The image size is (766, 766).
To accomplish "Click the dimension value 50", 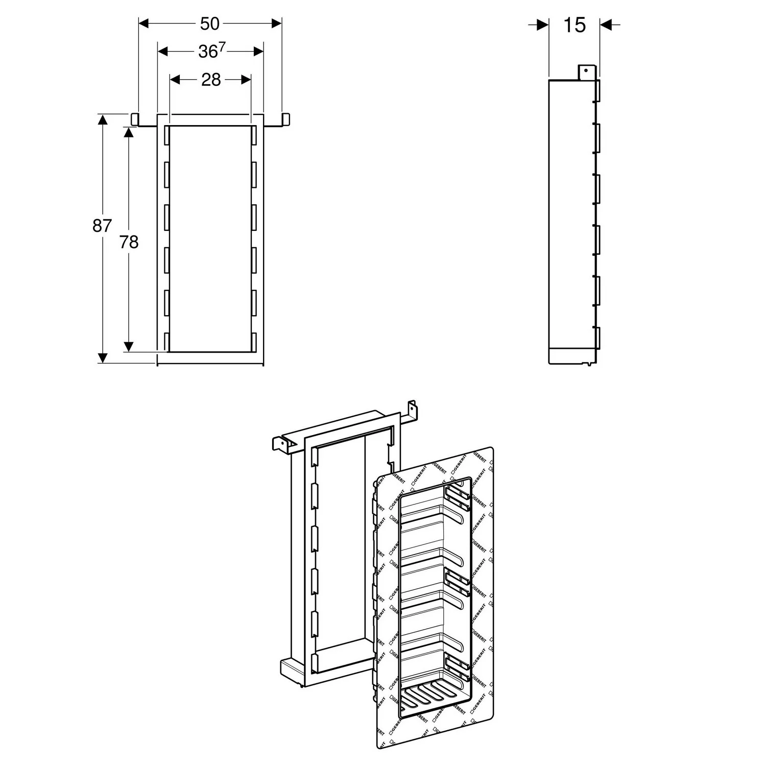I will [209, 23].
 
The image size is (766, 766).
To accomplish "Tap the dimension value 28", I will [210, 80].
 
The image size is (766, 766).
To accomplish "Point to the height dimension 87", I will [102, 225].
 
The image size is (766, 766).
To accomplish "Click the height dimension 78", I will [129, 242].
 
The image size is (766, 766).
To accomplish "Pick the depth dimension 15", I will [574, 25].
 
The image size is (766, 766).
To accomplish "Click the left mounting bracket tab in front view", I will [135, 119].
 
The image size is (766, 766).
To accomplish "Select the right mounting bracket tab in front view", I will [285, 119].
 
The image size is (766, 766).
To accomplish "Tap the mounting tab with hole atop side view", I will [586, 72].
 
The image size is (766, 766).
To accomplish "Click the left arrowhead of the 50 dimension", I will [143, 23].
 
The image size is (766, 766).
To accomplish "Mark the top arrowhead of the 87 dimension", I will [103, 119].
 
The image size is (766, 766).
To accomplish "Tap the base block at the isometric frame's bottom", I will [294, 669].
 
